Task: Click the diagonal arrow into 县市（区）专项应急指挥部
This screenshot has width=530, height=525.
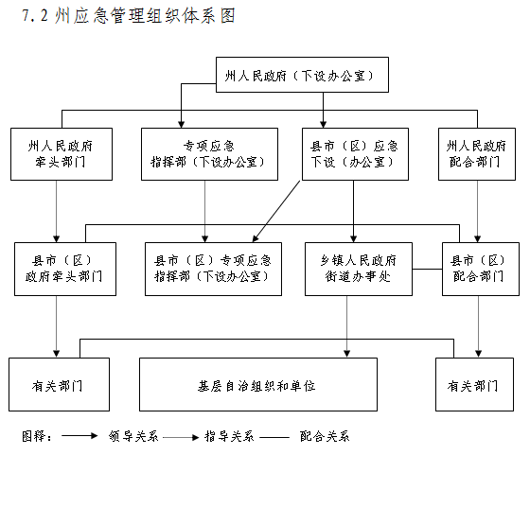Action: [x=276, y=212]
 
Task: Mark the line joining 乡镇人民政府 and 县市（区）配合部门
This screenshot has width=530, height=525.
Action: [x=427, y=270]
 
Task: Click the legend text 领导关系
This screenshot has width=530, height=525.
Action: [x=133, y=436]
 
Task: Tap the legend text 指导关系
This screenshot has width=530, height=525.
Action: [x=229, y=436]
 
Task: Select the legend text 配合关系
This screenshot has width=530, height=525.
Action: [x=325, y=436]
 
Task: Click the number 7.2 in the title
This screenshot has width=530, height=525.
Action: [x=35, y=15]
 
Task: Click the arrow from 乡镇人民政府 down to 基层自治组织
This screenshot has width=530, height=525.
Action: [x=346, y=326]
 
